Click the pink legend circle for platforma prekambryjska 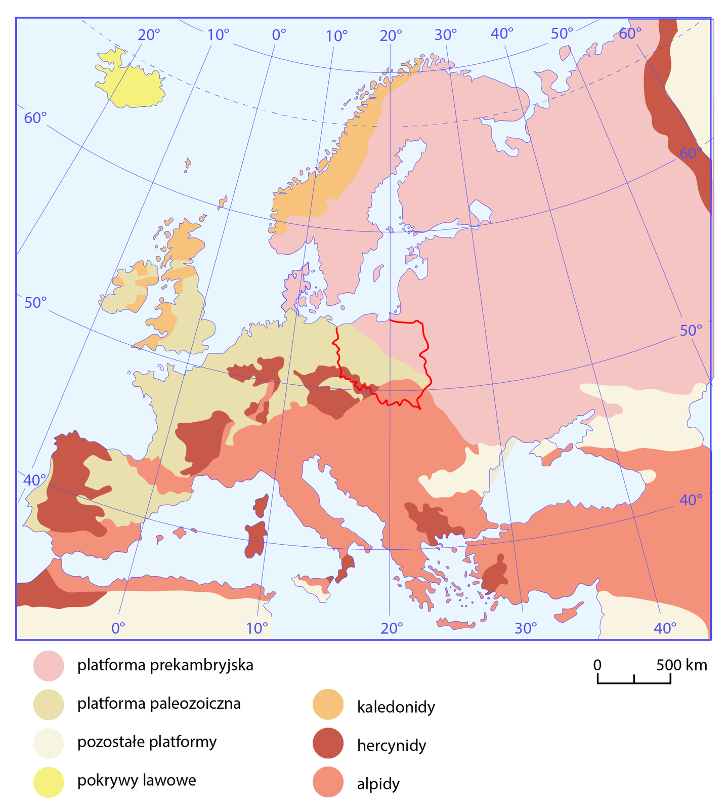click(x=49, y=665)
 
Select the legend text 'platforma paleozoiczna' click(x=159, y=704)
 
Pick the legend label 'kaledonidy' click(x=396, y=707)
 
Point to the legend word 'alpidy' click(x=378, y=784)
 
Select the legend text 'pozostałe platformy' click(x=147, y=742)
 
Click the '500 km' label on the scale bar click(x=681, y=665)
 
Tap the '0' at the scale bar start click(x=597, y=665)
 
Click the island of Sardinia click(x=256, y=540)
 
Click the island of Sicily click(x=315, y=585)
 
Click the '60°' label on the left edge click(x=35, y=118)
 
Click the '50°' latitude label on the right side click(x=691, y=331)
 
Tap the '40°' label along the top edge click(x=502, y=34)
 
